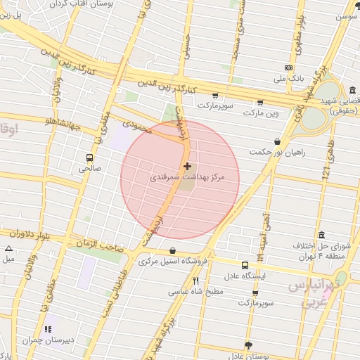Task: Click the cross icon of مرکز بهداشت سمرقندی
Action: pos(187,167)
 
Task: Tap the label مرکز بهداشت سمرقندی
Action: pos(187,179)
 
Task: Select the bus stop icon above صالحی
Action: pos(89,157)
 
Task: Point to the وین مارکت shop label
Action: pos(261,112)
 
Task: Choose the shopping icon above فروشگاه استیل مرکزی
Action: pos(172,251)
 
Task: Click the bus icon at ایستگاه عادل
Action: pos(245,266)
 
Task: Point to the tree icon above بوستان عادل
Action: pos(247,345)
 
